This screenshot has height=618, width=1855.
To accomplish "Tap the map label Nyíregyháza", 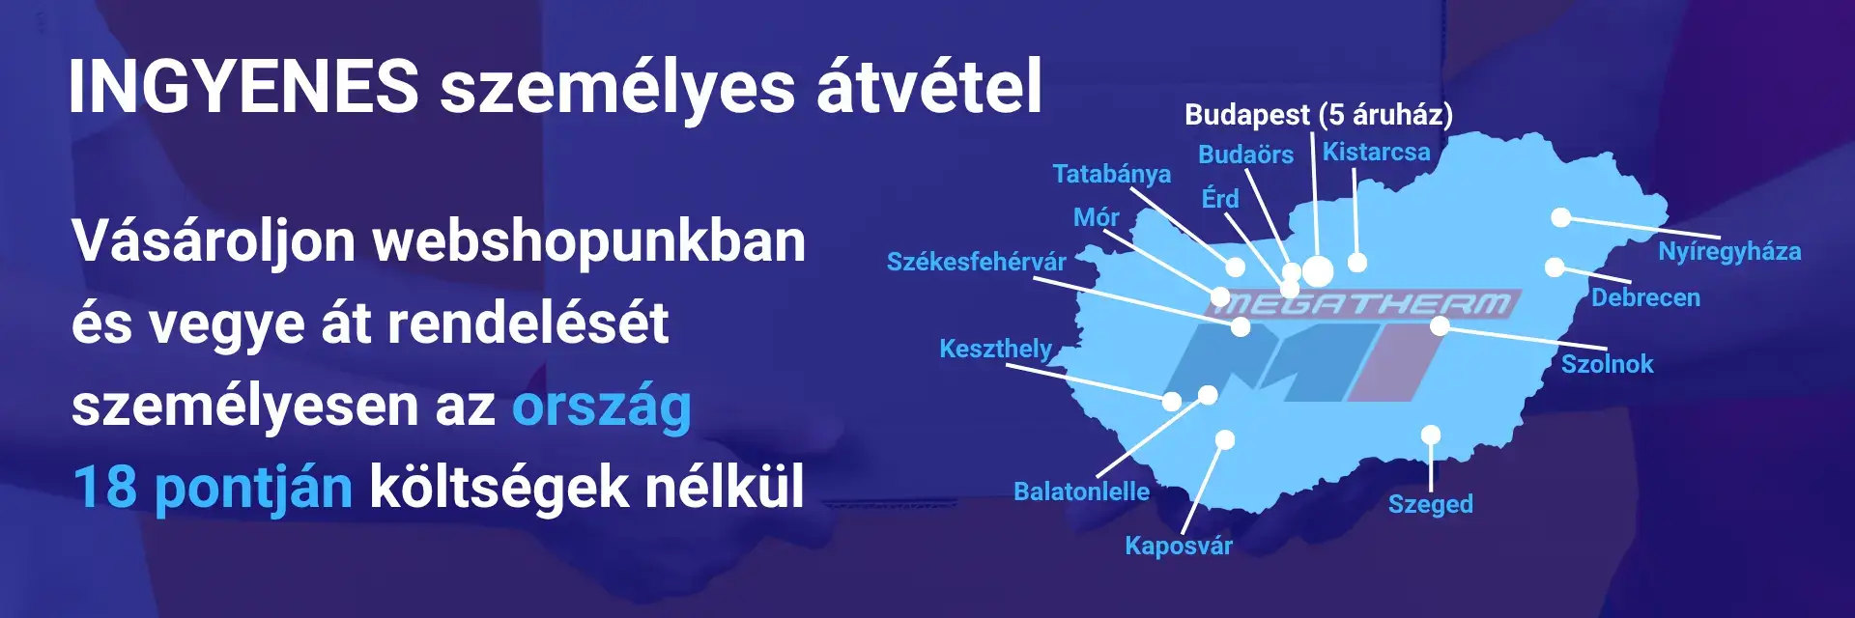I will tap(1729, 252).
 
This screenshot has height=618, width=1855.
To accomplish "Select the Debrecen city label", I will tap(1645, 297).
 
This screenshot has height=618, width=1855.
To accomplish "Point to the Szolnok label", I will tap(1607, 364).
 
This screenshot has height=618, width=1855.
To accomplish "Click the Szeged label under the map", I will tap(1430, 504).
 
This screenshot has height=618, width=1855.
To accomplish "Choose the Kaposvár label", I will tap(1178, 546).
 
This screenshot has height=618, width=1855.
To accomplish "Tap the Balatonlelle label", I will tap(1081, 492).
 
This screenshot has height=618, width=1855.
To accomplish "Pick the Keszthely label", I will tap(995, 349).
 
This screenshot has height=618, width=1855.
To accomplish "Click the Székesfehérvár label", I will tap(976, 262).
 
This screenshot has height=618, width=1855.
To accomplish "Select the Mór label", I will tap(1096, 217).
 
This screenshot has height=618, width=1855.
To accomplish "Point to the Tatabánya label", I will tap(1111, 174).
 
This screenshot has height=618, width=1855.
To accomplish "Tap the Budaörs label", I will tap(1245, 154).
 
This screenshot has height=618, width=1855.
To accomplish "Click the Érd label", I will tap(1219, 199).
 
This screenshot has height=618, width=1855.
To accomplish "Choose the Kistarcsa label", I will tap(1376, 153).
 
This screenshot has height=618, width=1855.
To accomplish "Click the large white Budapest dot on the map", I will tap(1318, 271).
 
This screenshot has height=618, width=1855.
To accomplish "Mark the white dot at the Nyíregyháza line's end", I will tap(1560, 217).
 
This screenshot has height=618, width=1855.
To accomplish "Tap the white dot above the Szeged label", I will tap(1431, 435).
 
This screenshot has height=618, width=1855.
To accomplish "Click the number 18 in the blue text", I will tap(104, 487).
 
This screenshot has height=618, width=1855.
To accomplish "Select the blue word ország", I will tap(601, 406).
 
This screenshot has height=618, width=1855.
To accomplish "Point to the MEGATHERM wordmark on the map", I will tap(1362, 305).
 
